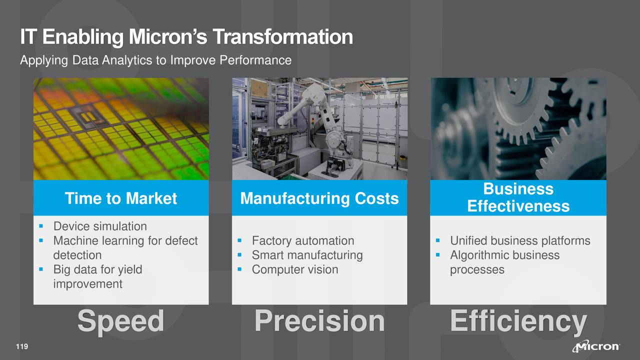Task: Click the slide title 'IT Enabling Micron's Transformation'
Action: pyautogui.click(x=186, y=37)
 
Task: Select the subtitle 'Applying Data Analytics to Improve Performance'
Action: pyautogui.click(x=155, y=60)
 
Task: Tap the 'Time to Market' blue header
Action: pyautogui.click(x=120, y=198)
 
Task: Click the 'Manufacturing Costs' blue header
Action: pyautogui.click(x=319, y=198)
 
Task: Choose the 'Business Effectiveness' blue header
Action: pyautogui.click(x=518, y=197)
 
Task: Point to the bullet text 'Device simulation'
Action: pyautogui.click(x=100, y=226)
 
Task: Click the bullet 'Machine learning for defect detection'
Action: pyautogui.click(x=125, y=248)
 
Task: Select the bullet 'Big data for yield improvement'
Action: pyautogui.click(x=97, y=276)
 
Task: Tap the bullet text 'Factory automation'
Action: pyautogui.click(x=302, y=241)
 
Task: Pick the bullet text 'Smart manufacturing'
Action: pyautogui.click(x=307, y=255)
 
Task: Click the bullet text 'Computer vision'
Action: pyautogui.click(x=294, y=269)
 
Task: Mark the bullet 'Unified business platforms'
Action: pyautogui.click(x=520, y=241)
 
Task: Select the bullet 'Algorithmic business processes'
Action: pyautogui.click(x=504, y=262)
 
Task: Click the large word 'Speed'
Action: pyautogui.click(x=120, y=321)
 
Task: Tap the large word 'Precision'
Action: pyautogui.click(x=319, y=321)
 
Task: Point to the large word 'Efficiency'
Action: pyautogui.click(x=518, y=321)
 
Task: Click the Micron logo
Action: pyautogui.click(x=597, y=347)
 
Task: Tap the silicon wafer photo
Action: pyautogui.click(x=120, y=129)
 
